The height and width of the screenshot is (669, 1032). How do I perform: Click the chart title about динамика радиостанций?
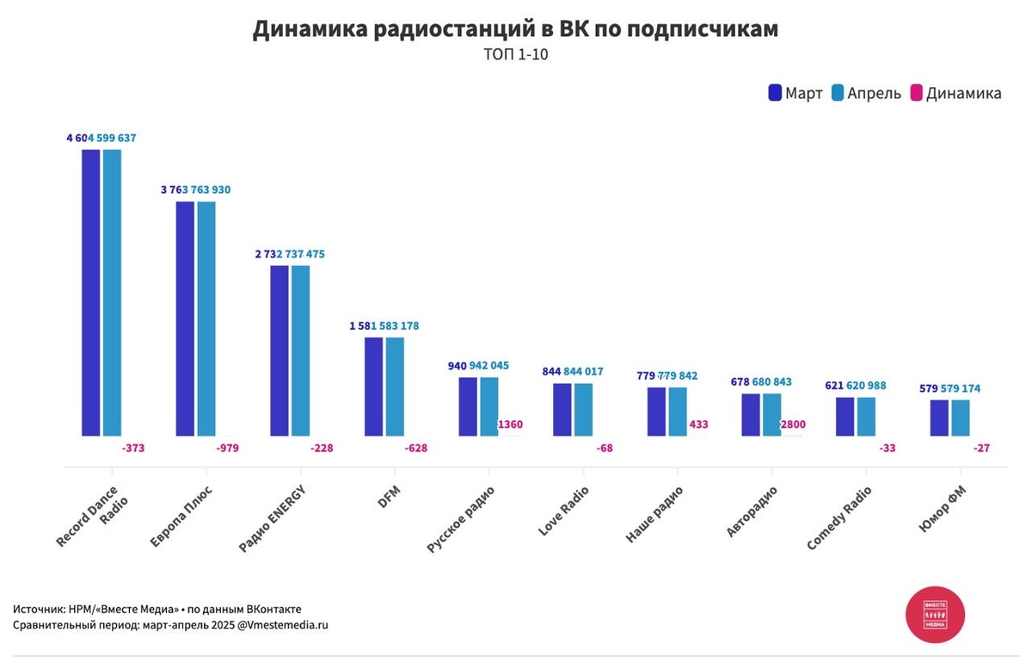pos(515,29)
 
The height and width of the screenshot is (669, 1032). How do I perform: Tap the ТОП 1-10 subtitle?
pos(515,56)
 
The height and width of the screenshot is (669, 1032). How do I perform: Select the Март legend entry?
pos(795,93)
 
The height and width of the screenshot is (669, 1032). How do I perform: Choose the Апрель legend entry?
pos(866,93)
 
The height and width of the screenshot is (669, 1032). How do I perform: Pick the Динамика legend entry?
pos(955,93)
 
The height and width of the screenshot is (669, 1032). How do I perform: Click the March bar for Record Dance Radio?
pos(91,293)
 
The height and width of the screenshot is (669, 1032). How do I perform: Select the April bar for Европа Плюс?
pos(206,319)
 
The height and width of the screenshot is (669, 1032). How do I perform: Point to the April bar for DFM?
pos(395,387)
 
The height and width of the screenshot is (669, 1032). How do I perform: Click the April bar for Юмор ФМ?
pos(960,418)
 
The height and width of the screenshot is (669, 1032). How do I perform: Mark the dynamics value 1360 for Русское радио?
pos(510,424)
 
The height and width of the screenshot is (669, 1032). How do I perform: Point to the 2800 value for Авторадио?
pos(792,424)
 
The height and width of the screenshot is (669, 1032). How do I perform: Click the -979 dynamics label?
pos(227,448)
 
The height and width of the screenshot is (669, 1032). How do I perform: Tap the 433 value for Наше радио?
pos(698,424)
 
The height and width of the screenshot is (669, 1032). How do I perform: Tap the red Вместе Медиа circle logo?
pos(935,614)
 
